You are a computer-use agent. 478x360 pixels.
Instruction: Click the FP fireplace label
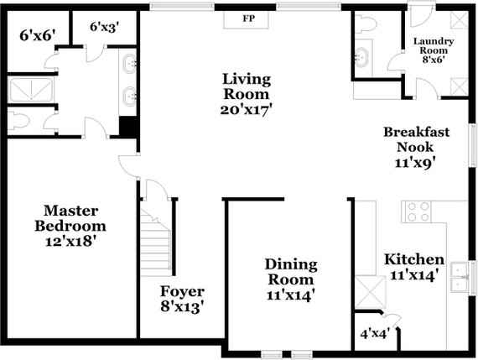pos(248,18)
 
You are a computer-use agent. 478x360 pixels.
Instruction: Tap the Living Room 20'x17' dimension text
pos(246,110)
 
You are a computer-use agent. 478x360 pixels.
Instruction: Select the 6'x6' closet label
pos(37,36)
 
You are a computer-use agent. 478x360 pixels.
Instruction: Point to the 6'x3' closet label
pos(104,27)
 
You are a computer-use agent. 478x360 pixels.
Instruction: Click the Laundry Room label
pos(434,45)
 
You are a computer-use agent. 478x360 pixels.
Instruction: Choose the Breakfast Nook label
pos(416,139)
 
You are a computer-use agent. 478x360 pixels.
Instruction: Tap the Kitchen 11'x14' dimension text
pos(414,275)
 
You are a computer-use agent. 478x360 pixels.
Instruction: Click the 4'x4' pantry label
pos(375,334)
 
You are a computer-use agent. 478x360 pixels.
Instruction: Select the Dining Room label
pos(291,272)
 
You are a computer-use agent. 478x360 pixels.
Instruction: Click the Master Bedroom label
pos(70,218)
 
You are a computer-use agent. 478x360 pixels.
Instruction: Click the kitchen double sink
pos(460,277)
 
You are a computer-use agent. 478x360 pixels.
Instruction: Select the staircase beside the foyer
pos(155,242)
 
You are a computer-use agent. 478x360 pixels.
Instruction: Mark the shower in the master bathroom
pos(31,90)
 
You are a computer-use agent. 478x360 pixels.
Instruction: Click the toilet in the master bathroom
pos(18,121)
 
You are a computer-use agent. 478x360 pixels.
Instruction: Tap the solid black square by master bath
pos(127,126)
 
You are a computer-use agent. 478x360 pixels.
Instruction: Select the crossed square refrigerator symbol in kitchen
pos(371,292)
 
